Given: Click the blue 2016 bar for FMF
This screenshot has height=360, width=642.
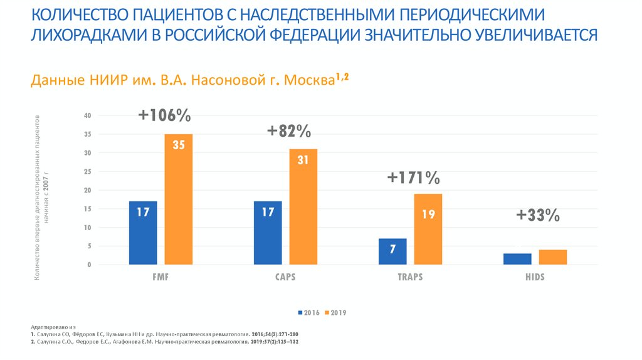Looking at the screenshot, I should click(x=143, y=233).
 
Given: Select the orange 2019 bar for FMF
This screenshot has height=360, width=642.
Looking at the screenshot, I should click(x=178, y=199).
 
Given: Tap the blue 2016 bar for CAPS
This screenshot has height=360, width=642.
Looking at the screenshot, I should click(x=268, y=233).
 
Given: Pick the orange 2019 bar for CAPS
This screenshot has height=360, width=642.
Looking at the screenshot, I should click(x=303, y=207).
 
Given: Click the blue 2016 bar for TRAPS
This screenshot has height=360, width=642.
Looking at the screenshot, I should click(x=392, y=251).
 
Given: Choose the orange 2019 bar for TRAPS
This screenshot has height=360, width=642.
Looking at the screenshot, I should click(x=428, y=230).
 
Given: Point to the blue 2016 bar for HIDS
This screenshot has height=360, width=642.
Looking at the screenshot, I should click(x=517, y=259).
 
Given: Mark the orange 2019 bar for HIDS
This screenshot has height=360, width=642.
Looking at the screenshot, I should click(x=552, y=257).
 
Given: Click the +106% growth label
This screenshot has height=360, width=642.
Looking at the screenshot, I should click(x=165, y=116).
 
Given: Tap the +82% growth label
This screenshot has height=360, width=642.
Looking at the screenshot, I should click(x=289, y=131).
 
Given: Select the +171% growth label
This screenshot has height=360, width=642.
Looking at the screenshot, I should click(x=414, y=178).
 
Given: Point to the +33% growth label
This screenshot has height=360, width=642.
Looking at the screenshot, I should click(x=538, y=216).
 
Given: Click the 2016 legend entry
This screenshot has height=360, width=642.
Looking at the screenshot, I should click(x=310, y=312).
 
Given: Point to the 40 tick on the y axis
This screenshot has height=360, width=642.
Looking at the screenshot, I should click(x=88, y=115).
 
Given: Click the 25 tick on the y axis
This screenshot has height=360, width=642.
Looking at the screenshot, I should click(x=88, y=171).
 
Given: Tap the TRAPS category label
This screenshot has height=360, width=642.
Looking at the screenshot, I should click(x=410, y=277).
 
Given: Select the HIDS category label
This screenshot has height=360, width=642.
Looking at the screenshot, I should click(x=535, y=277).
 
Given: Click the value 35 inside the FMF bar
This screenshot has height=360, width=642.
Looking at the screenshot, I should click(x=178, y=146).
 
